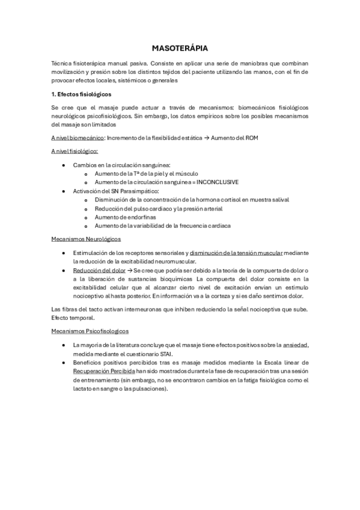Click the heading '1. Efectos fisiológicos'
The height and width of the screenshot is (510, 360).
pos(81,94)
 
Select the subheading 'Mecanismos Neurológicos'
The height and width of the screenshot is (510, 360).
pos(86,239)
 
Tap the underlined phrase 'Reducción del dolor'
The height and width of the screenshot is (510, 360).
pos(99,271)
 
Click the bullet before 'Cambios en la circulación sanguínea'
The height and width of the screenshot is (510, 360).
pos(64,164)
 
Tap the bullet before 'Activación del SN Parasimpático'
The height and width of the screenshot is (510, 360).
pos(64,191)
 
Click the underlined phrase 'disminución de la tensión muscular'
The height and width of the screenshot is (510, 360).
pos(236,253)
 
